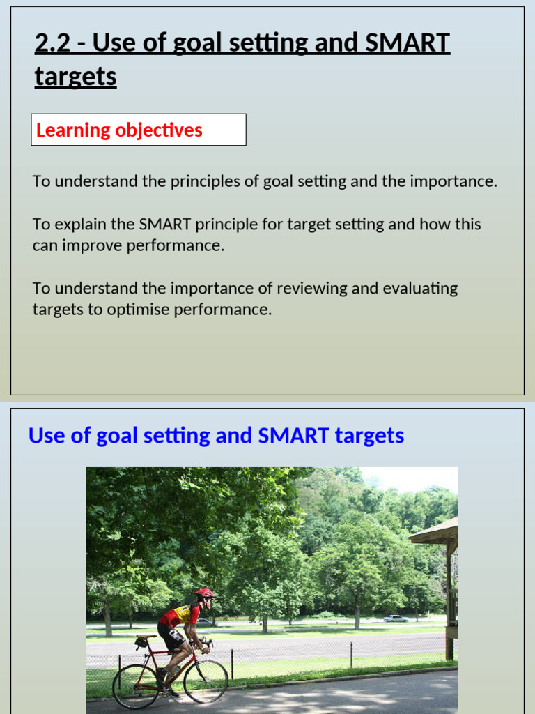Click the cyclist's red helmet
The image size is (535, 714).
204,593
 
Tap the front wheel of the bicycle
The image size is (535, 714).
206,682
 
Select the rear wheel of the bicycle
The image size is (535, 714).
135,686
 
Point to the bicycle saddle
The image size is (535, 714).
142,637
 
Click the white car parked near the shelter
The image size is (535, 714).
396,618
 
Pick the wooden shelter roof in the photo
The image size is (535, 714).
435,532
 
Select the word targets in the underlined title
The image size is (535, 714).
75,77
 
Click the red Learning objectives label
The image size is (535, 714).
119,130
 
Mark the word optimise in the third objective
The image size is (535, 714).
135,310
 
